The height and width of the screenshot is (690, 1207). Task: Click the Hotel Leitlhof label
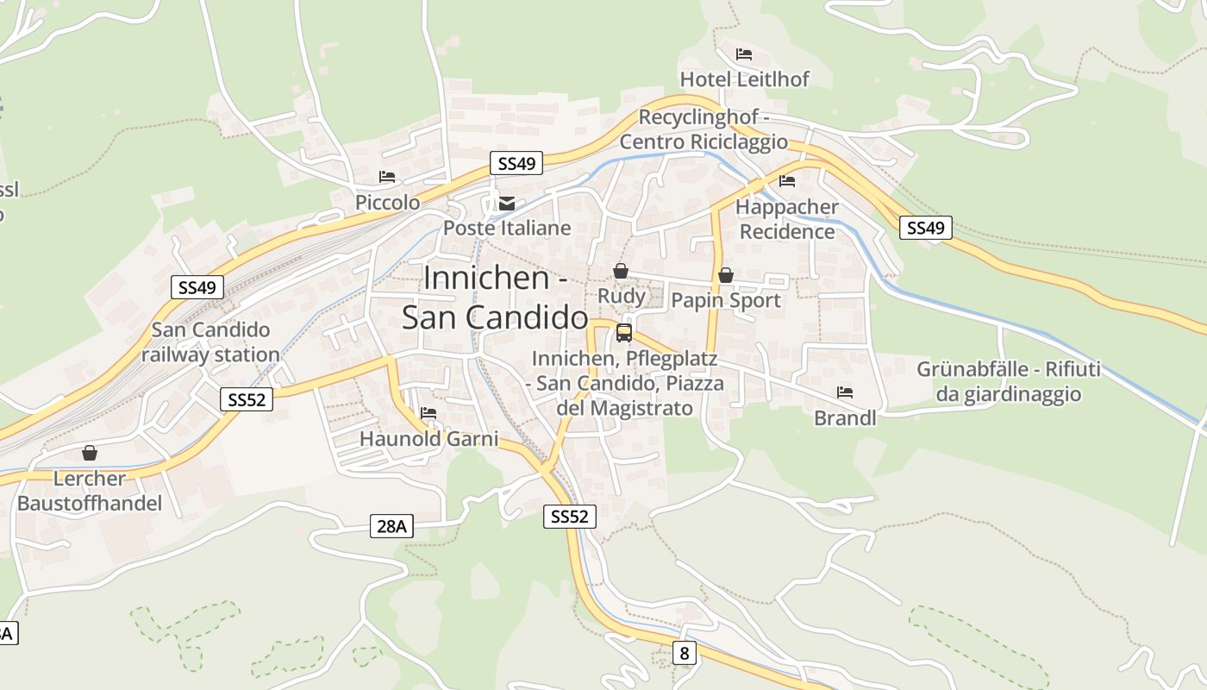click(x=745, y=79)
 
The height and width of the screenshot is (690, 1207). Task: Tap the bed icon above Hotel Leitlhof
click(x=744, y=54)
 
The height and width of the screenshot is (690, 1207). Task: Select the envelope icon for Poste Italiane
click(x=507, y=204)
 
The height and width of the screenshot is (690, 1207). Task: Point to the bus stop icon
click(x=623, y=333)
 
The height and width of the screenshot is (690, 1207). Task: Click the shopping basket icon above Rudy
click(x=620, y=272)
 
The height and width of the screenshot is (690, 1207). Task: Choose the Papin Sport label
click(x=725, y=300)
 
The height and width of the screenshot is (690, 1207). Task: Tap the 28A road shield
click(x=391, y=525)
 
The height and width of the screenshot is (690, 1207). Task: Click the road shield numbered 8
click(x=685, y=653)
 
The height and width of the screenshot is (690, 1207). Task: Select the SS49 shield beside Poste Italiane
click(x=516, y=163)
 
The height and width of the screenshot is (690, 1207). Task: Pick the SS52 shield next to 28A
click(x=570, y=517)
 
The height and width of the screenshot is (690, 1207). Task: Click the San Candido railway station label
click(x=210, y=342)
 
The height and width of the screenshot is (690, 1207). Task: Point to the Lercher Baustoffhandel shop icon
click(x=90, y=453)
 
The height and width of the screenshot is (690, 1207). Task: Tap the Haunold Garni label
click(x=428, y=439)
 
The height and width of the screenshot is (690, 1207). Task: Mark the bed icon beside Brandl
click(x=845, y=392)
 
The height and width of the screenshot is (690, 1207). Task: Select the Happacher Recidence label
click(x=787, y=219)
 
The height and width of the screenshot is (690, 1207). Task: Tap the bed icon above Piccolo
click(x=387, y=177)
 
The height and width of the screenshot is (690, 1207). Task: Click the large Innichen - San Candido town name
click(x=496, y=298)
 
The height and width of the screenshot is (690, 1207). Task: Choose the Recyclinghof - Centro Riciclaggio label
click(x=713, y=129)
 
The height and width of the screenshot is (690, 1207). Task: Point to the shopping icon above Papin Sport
click(x=726, y=275)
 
